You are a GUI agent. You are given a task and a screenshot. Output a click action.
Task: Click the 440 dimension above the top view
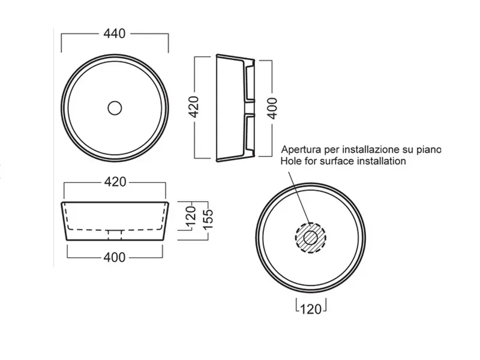(115, 34)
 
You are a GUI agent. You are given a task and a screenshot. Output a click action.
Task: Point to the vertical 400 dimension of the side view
(272, 109)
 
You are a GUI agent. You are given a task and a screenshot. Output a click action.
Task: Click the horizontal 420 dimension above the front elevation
(115, 182)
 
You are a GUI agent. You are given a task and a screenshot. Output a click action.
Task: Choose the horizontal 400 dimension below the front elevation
(115, 257)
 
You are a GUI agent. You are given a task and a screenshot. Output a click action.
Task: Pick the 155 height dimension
(208, 219)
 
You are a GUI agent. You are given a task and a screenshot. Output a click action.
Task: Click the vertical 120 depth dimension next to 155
(191, 218)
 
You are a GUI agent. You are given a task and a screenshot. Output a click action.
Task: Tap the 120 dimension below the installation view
(311, 309)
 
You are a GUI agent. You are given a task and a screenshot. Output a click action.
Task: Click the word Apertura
(302, 149)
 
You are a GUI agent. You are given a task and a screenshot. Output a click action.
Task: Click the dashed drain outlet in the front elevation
(115, 235)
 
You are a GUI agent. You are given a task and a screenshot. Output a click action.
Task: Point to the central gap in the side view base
(250, 108)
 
